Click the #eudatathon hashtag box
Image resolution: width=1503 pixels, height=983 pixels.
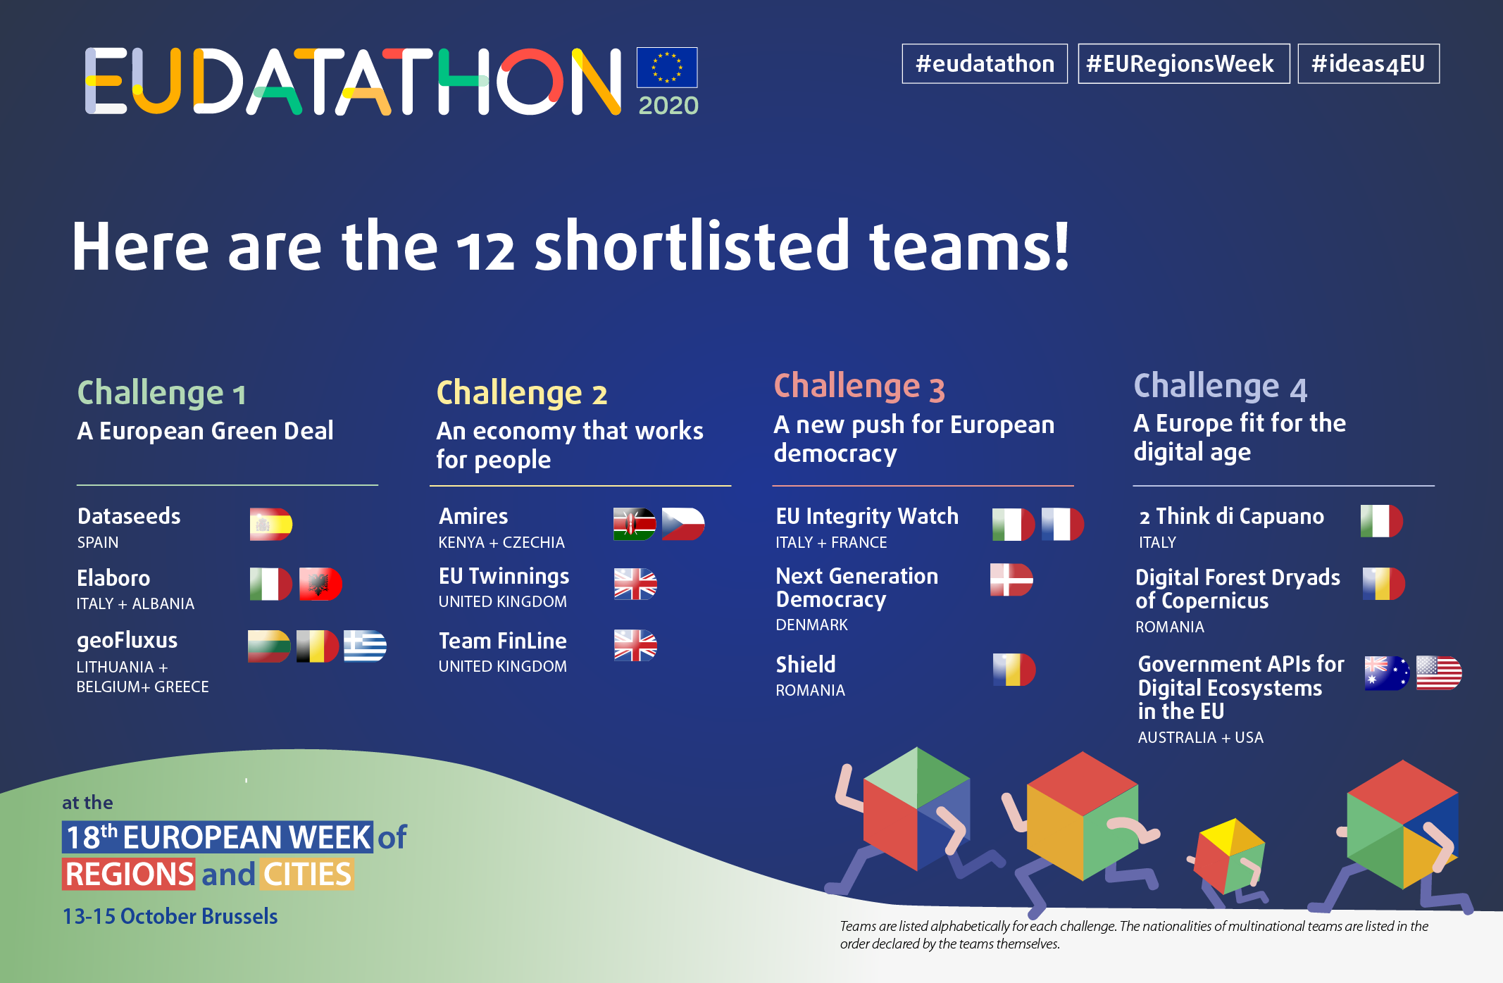[985, 64]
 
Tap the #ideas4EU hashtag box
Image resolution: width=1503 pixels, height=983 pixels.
[1368, 64]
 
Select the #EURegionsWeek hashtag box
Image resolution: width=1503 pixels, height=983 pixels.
[1183, 64]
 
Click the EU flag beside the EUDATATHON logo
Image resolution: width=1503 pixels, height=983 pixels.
[667, 68]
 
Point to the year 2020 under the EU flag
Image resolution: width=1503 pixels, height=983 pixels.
[668, 106]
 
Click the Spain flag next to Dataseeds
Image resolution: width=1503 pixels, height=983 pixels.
[271, 524]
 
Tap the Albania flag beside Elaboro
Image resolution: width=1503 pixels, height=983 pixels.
[320, 584]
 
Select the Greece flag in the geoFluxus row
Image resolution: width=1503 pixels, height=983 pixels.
[365, 646]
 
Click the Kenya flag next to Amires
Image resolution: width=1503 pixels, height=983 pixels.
[635, 524]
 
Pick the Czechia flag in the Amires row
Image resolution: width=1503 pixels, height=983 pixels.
[683, 524]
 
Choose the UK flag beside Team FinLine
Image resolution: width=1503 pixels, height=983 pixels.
[635, 646]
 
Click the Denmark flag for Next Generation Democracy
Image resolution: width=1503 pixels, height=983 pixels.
[1011, 580]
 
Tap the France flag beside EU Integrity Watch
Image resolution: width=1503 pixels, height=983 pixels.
[1062, 524]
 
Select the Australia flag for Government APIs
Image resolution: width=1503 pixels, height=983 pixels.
[1387, 673]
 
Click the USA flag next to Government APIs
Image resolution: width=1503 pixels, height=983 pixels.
[1439, 673]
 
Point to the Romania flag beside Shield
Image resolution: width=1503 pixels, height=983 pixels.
[1014, 670]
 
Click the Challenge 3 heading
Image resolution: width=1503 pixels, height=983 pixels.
[859, 387]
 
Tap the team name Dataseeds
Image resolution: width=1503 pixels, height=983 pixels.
[129, 516]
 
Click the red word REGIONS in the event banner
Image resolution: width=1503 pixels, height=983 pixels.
[129, 874]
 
